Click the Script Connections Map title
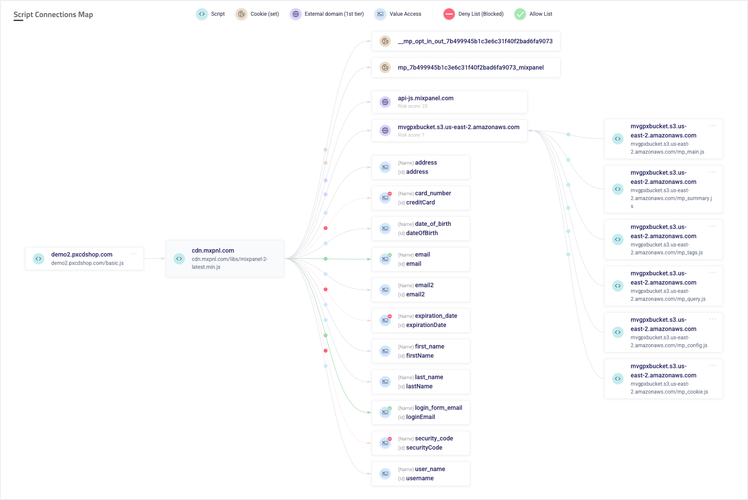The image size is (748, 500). coord(53,14)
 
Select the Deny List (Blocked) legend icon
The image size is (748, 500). coord(449,14)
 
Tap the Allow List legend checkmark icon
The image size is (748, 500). coord(520,14)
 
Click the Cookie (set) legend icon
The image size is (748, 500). coord(241,14)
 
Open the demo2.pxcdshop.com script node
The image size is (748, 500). coord(82,254)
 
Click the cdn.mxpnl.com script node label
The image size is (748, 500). coord(213,250)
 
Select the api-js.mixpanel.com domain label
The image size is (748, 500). coord(425,98)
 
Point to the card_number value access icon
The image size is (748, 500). coord(385,198)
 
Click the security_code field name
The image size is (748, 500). coord(434,438)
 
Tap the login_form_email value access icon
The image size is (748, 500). coord(385,412)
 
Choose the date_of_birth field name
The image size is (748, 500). coord(433,224)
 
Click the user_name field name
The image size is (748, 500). coord(430,469)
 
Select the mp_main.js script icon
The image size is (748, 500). coord(617,139)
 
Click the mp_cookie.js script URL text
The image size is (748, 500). coord(669,388)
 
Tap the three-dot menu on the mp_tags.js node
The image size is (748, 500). coord(713,226)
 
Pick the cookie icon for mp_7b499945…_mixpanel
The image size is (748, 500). coord(385,67)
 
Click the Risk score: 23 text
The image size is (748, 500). coord(412,106)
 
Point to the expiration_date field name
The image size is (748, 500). coord(436,316)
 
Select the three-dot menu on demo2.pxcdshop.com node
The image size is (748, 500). coord(133,254)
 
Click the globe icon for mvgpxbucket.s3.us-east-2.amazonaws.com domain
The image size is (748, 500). coord(385,130)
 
